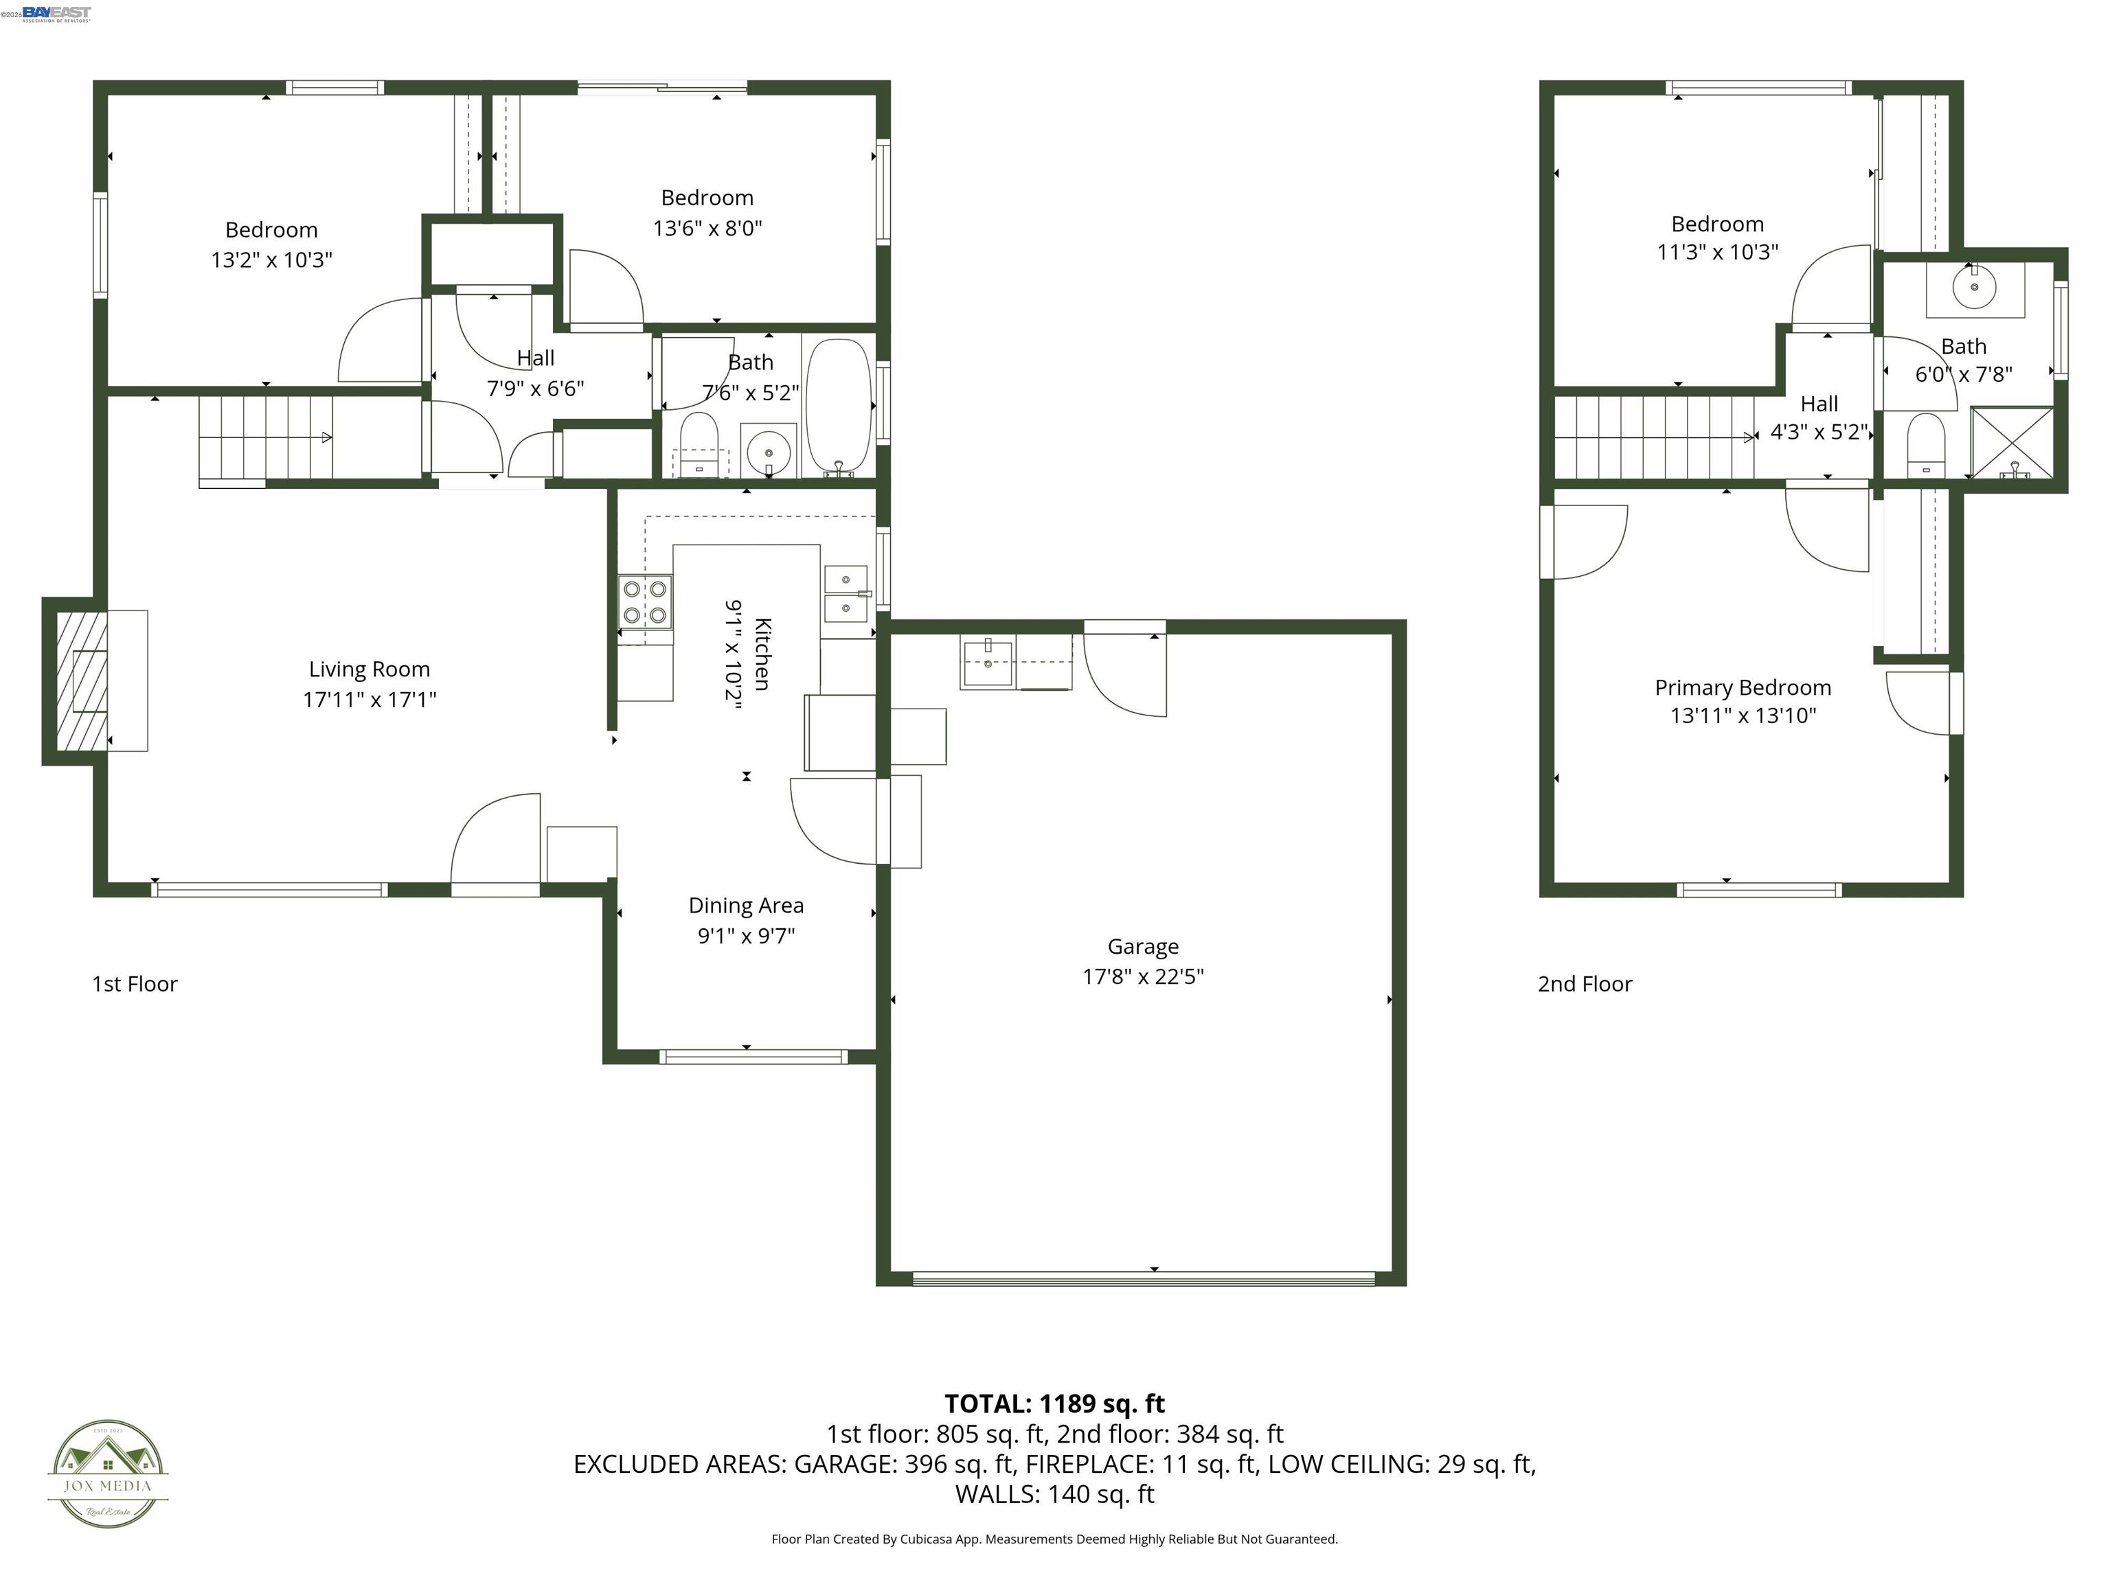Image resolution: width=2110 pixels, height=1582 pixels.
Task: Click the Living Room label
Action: (x=369, y=669)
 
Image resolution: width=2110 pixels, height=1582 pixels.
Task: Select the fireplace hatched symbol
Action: (x=81, y=680)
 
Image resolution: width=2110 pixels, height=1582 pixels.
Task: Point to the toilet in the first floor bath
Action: (x=699, y=444)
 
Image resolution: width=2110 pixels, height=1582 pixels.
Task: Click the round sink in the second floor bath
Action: (x=1975, y=287)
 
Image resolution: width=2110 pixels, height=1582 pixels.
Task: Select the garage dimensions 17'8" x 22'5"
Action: (x=1143, y=976)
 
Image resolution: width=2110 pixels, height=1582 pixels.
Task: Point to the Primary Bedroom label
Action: (x=1743, y=687)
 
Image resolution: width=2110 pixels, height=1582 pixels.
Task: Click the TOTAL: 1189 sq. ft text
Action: (x=1054, y=1403)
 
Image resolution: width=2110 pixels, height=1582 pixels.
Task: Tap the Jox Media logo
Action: (x=108, y=1474)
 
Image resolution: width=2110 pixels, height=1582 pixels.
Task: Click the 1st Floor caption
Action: (x=135, y=984)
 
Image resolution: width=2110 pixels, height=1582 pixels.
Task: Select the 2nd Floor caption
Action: (x=1585, y=984)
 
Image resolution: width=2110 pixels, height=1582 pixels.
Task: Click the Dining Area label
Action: (x=746, y=905)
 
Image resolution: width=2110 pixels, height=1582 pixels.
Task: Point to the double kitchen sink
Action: (x=845, y=593)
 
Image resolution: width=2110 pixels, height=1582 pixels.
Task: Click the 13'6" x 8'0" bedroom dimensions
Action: (x=707, y=228)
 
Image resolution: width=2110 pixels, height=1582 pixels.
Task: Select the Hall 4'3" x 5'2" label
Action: (x=1819, y=417)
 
